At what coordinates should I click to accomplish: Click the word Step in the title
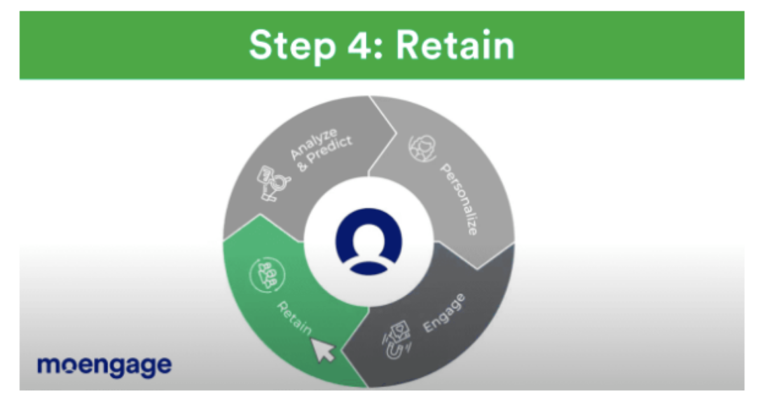click(293, 46)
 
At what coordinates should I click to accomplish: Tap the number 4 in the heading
click(361, 45)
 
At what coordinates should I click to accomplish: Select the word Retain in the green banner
click(455, 45)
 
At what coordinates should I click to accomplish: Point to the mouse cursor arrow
click(322, 350)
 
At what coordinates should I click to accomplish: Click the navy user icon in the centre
click(369, 241)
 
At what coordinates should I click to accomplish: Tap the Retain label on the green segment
click(294, 318)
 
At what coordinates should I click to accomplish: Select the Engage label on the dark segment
click(444, 313)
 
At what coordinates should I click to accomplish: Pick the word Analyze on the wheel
click(313, 144)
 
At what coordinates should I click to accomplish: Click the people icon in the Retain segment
click(268, 274)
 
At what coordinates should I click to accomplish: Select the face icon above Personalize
click(422, 149)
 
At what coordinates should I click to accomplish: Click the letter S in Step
click(261, 45)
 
